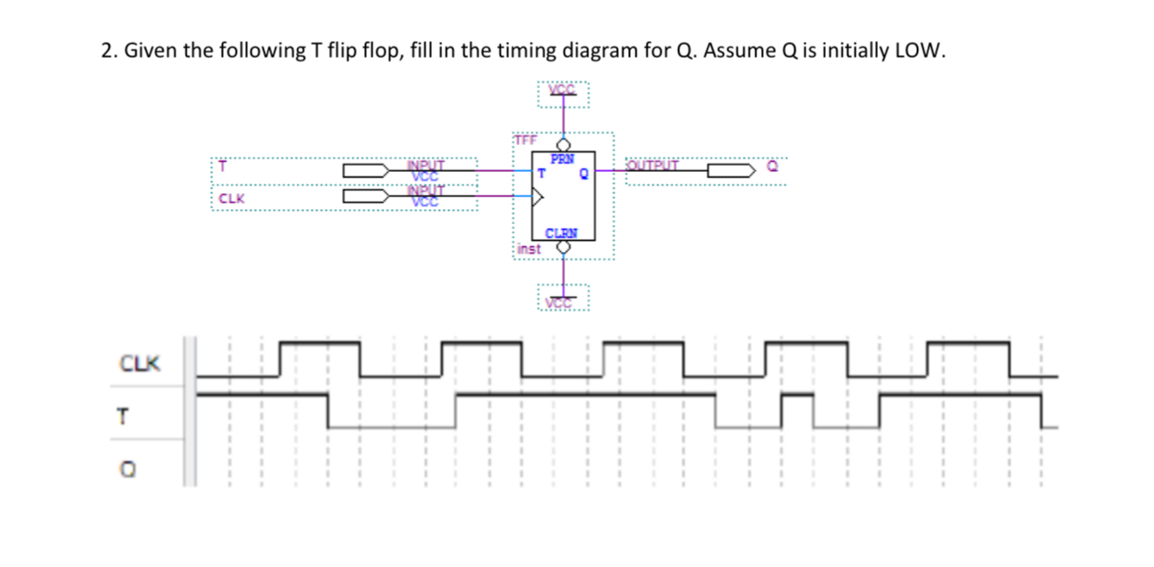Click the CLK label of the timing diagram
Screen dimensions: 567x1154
coord(139,363)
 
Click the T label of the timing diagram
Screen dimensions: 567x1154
coord(121,417)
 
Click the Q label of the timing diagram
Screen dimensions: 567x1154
coord(122,470)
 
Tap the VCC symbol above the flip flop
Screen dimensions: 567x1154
coord(563,92)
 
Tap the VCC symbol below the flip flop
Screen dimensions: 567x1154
coord(561,302)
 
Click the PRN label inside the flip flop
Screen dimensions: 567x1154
coord(562,159)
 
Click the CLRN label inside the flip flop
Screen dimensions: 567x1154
coord(561,233)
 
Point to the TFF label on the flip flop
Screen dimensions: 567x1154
coord(525,139)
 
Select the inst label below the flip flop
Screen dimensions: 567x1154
coord(529,248)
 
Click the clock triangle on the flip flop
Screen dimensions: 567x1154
coord(537,195)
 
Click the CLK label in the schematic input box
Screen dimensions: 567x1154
coord(231,198)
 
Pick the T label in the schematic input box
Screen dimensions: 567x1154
coord(222,167)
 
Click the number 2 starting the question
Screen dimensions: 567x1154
coord(106,51)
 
